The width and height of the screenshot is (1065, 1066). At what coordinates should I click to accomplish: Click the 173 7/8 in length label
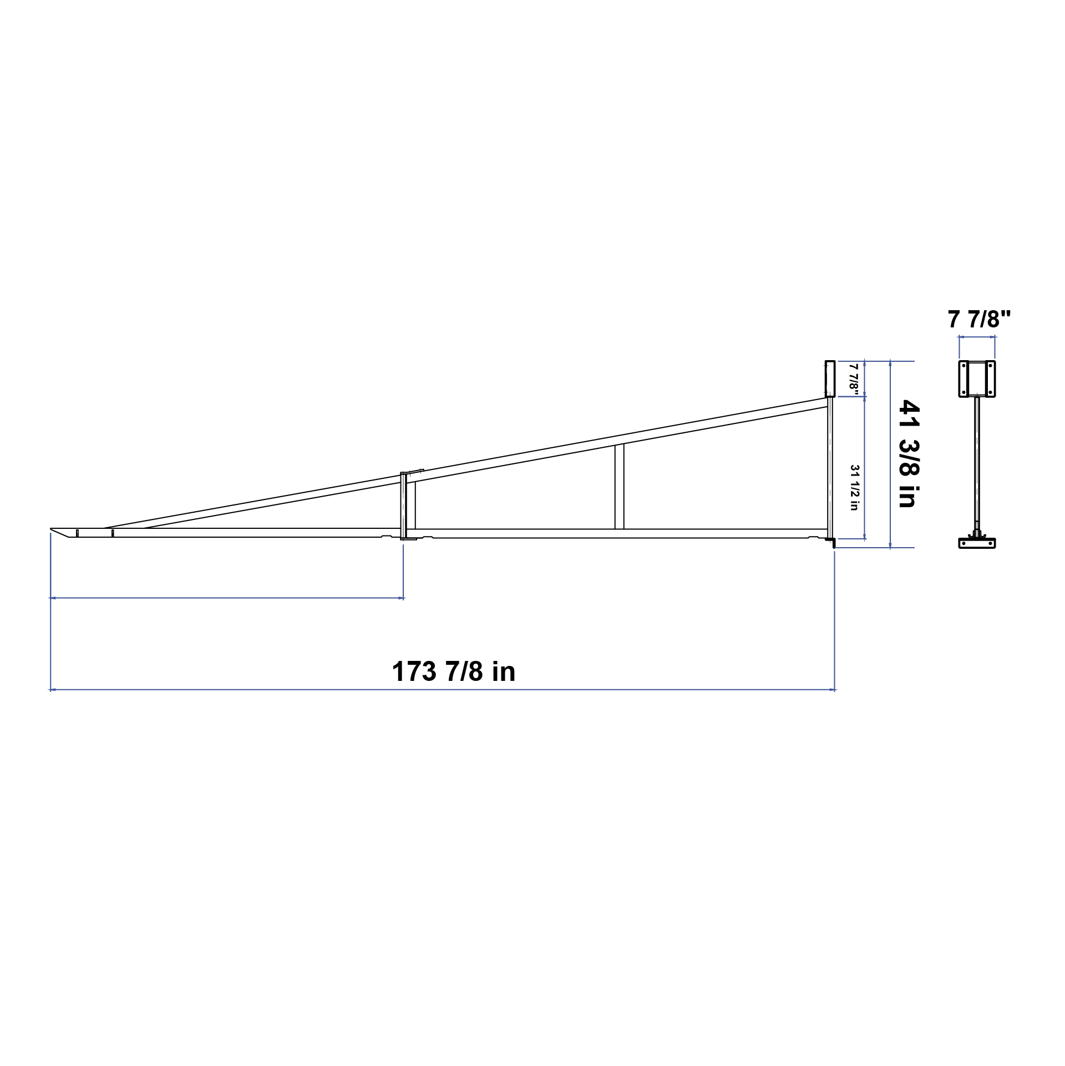tap(454, 671)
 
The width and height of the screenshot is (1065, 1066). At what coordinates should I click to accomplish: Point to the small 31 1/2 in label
tap(854, 487)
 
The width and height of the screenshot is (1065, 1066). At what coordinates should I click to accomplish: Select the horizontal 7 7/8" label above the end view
tap(980, 320)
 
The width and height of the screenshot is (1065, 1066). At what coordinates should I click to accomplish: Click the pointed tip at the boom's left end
tap(52, 529)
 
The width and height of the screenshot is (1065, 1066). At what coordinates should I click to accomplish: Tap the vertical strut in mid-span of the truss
tap(620, 487)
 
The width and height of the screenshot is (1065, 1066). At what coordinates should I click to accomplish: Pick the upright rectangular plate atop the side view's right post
tap(830, 378)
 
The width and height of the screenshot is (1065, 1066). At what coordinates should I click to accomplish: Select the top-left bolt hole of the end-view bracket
tap(964, 366)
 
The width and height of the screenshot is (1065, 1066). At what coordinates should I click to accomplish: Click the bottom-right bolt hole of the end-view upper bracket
tap(990, 392)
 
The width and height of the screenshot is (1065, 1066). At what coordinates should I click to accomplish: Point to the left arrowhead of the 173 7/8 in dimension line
tap(52, 690)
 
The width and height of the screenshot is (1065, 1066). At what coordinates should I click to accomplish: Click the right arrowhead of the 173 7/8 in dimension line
tap(834, 690)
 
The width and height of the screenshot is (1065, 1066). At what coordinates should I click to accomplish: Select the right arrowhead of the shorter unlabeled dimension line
tap(403, 598)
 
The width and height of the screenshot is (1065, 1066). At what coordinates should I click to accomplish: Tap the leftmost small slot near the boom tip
tap(77, 533)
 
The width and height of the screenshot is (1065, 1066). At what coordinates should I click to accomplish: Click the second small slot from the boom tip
tap(113, 533)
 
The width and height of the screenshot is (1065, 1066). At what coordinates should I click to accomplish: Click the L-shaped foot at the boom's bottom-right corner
tap(832, 542)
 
